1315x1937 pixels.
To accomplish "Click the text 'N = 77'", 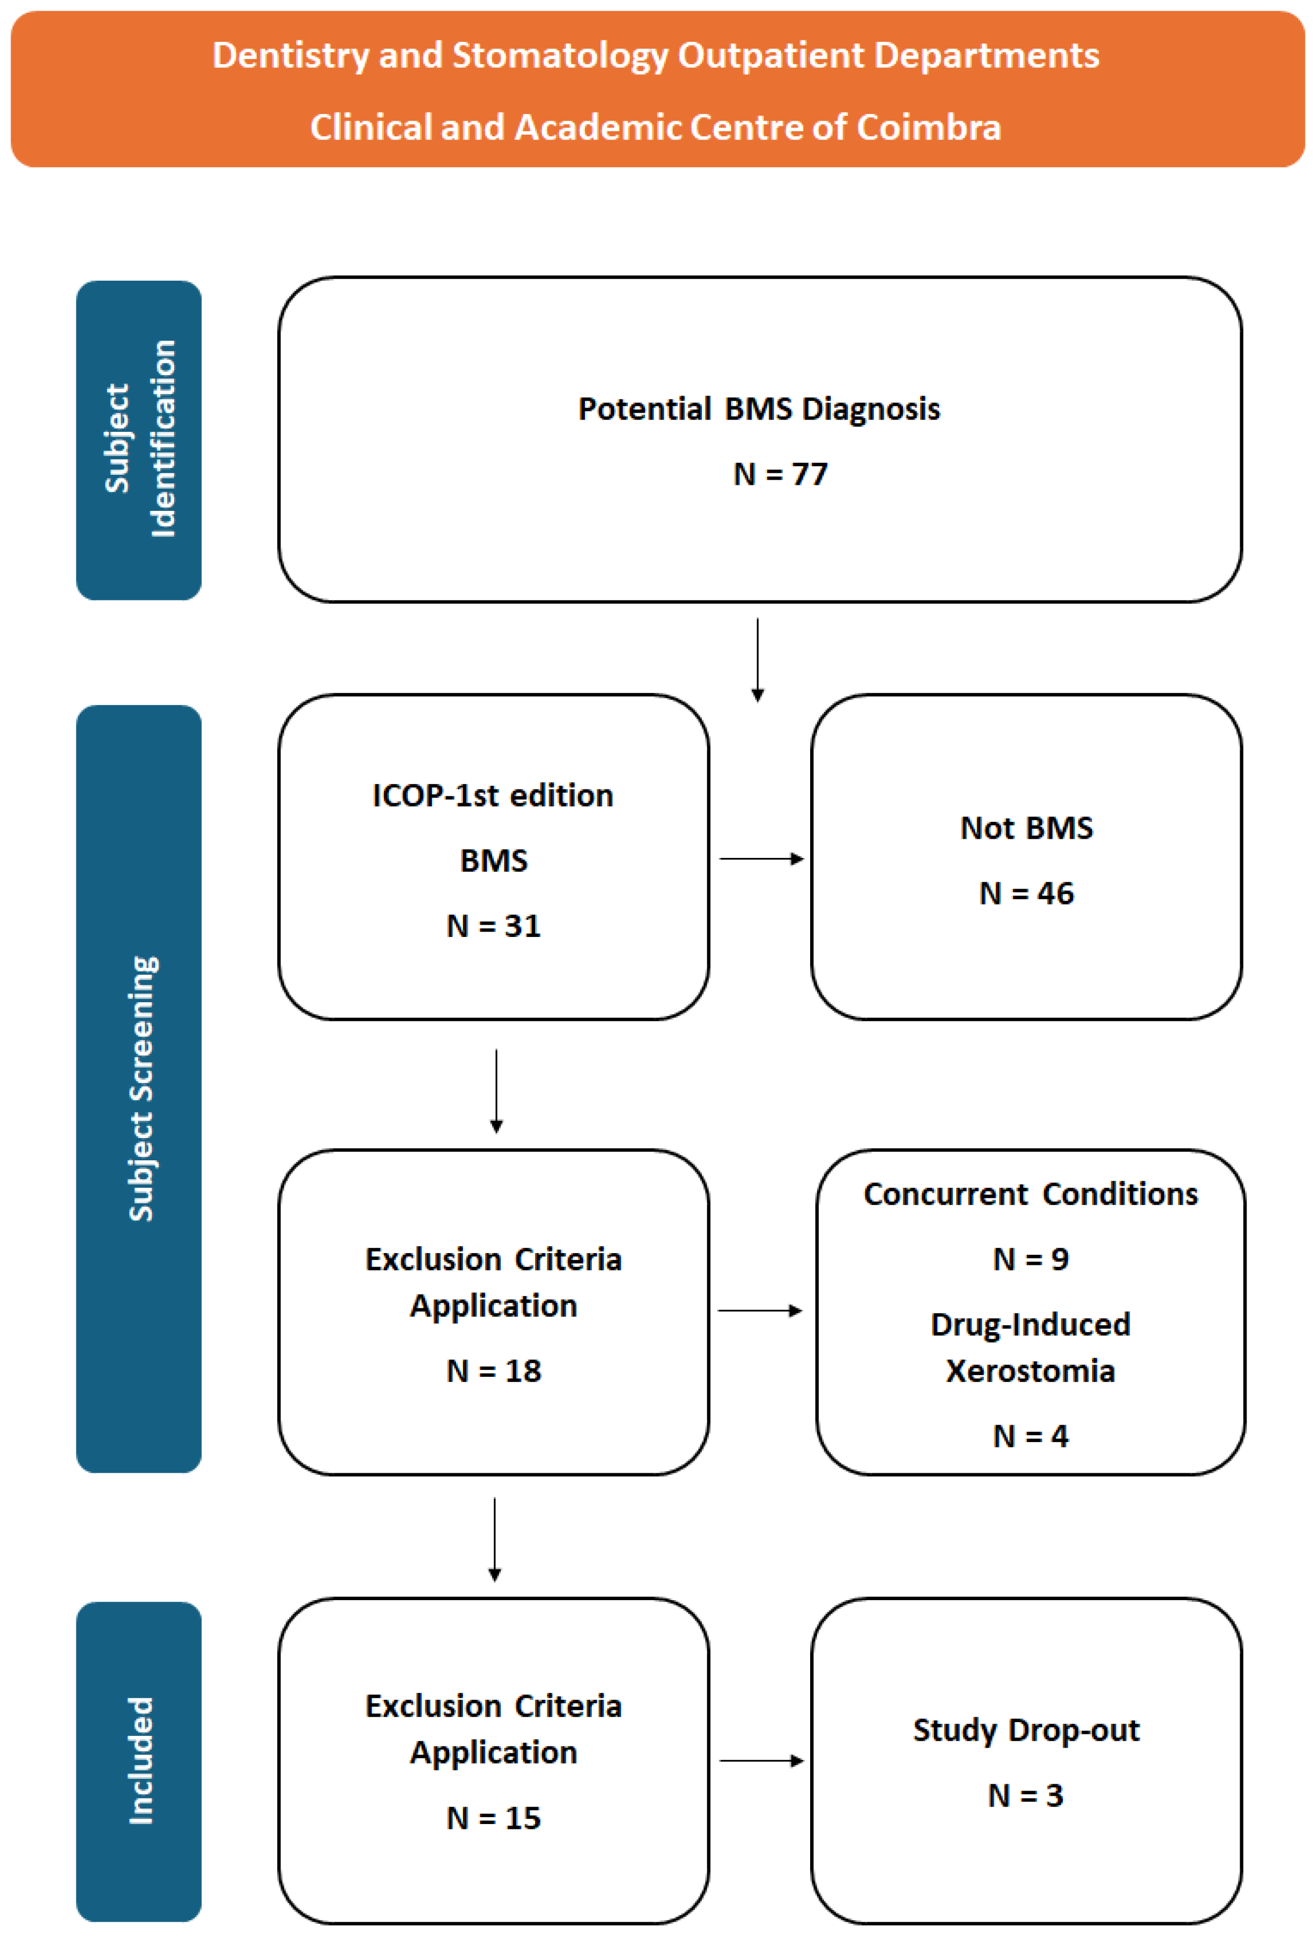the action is coord(780,474).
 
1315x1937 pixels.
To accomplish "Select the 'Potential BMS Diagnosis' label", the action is coord(759,409).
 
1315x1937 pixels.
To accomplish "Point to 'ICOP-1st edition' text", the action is coord(493,796).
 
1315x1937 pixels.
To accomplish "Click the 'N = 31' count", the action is coord(494,926).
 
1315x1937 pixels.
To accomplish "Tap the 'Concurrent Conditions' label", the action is coord(1030,1194).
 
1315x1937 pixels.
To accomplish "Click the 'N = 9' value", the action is coord(1030,1260).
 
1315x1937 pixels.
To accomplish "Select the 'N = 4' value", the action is coord(1030,1436).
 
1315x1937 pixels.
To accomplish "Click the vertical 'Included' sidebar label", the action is coord(141,1761).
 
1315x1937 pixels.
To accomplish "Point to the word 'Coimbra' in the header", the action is coord(928,127).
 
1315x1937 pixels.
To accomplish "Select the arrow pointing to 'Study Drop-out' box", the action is coord(761,1760).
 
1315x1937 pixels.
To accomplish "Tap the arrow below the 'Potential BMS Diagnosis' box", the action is coord(757,660).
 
